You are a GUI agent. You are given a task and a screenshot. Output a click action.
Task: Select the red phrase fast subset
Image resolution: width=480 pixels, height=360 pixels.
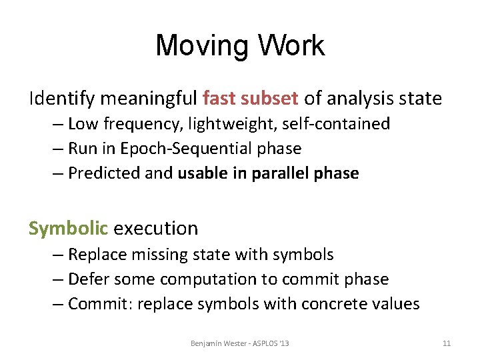click(250, 99)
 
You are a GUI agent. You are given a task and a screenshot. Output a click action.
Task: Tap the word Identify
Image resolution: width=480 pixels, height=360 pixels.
click(63, 99)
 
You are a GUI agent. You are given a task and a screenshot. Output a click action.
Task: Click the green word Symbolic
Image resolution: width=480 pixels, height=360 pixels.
click(68, 228)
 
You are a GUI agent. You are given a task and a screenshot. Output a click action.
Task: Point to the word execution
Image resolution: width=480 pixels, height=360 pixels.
click(156, 228)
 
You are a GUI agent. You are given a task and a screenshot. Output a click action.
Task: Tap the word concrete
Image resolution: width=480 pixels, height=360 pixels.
click(335, 304)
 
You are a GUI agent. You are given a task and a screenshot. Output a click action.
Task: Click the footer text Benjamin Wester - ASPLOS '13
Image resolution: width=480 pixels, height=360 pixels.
click(239, 343)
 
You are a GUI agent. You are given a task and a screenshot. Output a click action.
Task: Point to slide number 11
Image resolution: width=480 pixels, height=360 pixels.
click(447, 343)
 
